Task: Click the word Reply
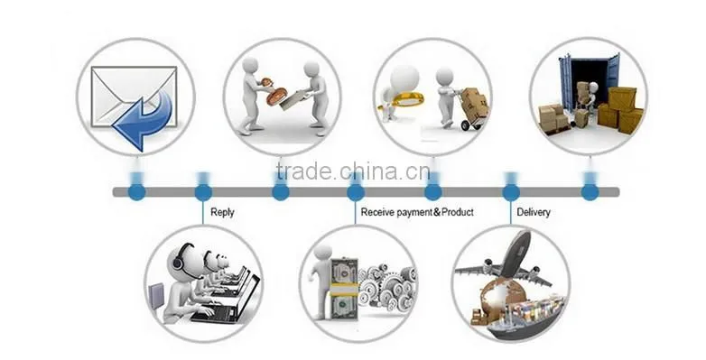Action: (222, 212)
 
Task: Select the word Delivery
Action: (534, 212)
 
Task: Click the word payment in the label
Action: (413, 212)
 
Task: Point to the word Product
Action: (458, 211)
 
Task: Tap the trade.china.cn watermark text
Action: (353, 171)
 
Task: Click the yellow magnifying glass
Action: (402, 100)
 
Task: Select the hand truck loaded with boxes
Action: (472, 109)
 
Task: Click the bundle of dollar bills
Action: (344, 288)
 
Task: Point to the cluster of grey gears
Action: (387, 287)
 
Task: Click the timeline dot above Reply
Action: (203, 192)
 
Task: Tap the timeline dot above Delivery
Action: (511, 192)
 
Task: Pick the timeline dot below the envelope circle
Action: (137, 192)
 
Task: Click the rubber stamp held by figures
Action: (272, 91)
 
